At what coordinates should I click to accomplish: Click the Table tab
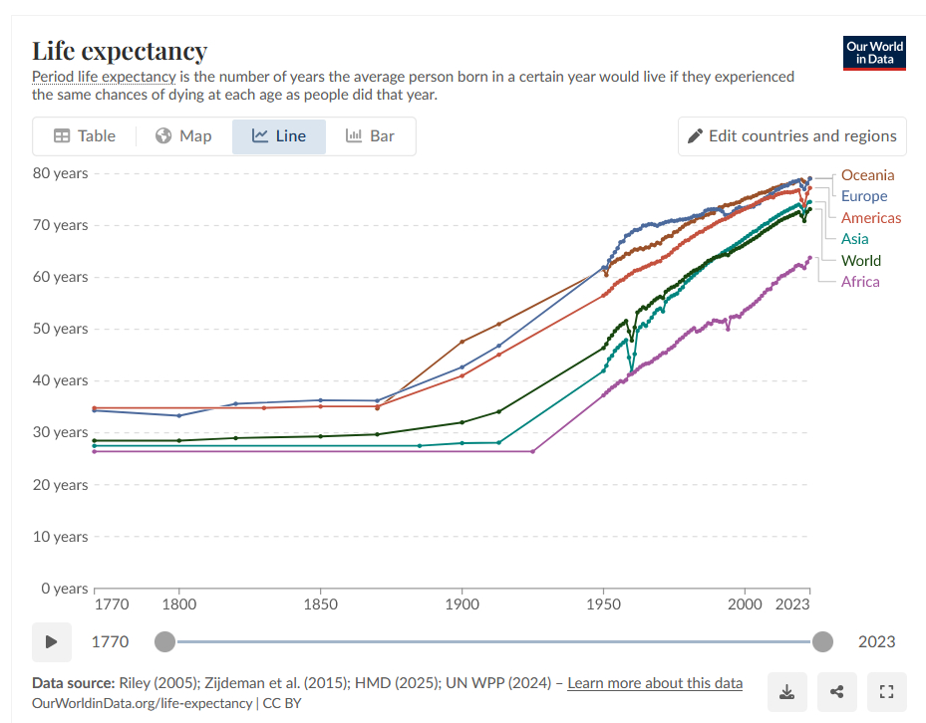[x=85, y=136]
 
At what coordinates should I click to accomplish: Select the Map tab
[x=183, y=136]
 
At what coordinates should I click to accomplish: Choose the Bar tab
[x=370, y=136]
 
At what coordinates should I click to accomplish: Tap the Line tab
[x=279, y=136]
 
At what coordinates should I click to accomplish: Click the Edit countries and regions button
[x=791, y=136]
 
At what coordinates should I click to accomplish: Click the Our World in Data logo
[x=874, y=53]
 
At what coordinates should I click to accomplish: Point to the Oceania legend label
[x=867, y=175]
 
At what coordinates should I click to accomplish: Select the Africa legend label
[x=859, y=282]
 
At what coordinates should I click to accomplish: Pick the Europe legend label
[x=863, y=196]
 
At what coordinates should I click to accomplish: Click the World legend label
[x=860, y=261]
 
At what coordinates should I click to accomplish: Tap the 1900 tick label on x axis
[x=462, y=604]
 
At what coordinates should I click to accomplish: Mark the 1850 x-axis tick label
[x=320, y=604]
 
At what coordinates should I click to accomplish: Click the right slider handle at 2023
[x=822, y=641]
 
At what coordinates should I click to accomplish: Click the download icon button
[x=786, y=692]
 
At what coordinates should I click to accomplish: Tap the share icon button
[x=836, y=692]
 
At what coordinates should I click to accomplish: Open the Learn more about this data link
[x=655, y=683]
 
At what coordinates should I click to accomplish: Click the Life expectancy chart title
[x=120, y=51]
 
